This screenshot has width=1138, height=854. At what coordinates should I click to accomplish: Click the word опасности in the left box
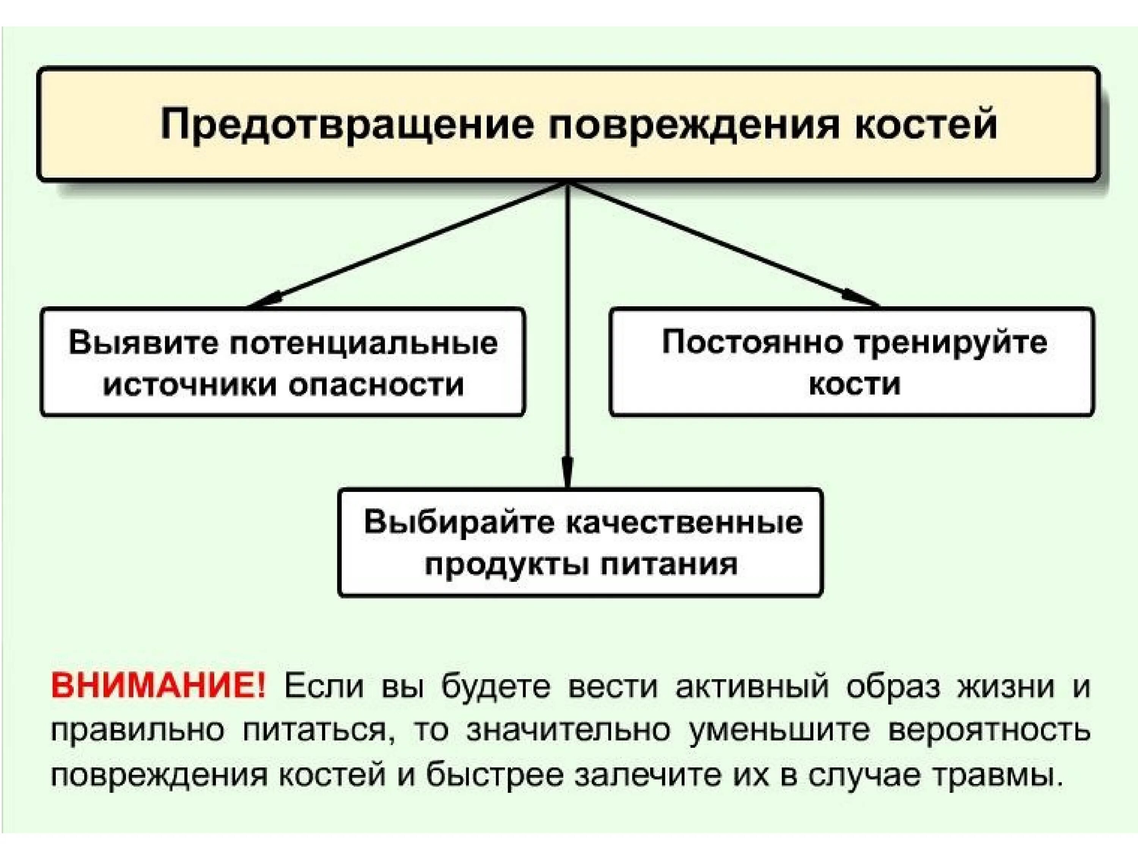coord(376,384)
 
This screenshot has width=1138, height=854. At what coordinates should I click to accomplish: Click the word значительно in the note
coord(569,730)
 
